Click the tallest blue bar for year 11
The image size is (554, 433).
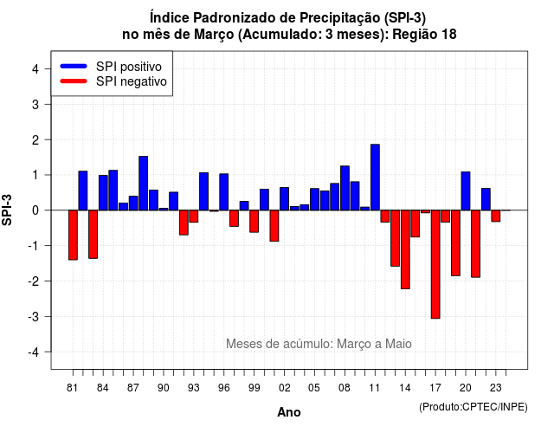[375, 177]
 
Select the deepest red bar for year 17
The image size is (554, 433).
[435, 264]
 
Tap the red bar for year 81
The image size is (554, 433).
[73, 235]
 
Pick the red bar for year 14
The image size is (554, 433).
[405, 249]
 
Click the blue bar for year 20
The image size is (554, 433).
[466, 191]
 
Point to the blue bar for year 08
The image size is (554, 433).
[345, 188]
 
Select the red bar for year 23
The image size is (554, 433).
[496, 216]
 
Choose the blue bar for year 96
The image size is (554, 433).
[224, 192]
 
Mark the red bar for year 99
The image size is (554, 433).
[254, 222]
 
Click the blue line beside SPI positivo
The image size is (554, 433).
[74, 66]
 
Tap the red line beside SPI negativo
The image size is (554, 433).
[74, 81]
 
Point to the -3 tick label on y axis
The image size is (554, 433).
[34, 317]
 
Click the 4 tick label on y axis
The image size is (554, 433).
[35, 69]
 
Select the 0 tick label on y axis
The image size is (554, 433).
[35, 210]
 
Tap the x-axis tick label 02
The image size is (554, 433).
[285, 388]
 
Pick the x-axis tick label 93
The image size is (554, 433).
[194, 388]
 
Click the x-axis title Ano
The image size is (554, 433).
[289, 412]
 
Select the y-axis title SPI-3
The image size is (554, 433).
[7, 210]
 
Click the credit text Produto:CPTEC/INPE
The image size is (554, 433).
[473, 407]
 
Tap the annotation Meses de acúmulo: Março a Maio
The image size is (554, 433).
[319, 344]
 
